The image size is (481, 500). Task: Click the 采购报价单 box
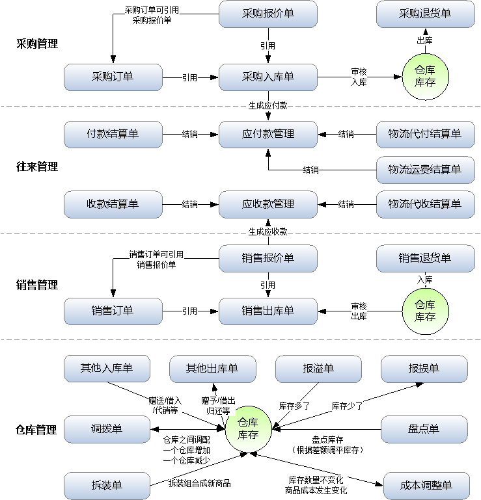[268, 14]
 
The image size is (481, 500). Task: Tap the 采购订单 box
[113, 77]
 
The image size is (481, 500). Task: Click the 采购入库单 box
[268, 77]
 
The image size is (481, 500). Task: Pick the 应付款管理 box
[268, 134]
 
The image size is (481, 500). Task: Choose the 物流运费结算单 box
[425, 169]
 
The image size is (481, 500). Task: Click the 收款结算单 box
[113, 204]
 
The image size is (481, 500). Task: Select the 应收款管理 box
[268, 204]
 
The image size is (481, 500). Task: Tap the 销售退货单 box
[425, 258]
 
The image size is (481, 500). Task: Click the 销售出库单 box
[268, 311]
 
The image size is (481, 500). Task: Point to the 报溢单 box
[319, 369]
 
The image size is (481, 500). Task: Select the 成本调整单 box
[425, 485]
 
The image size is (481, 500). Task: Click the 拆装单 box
[107, 485]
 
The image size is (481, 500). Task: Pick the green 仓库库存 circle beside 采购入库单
[425, 77]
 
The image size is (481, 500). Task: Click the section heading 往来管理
[37, 167]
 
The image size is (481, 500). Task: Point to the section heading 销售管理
[37, 285]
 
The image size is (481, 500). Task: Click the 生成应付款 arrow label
[268, 105]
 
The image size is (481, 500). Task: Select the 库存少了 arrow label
[348, 406]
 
